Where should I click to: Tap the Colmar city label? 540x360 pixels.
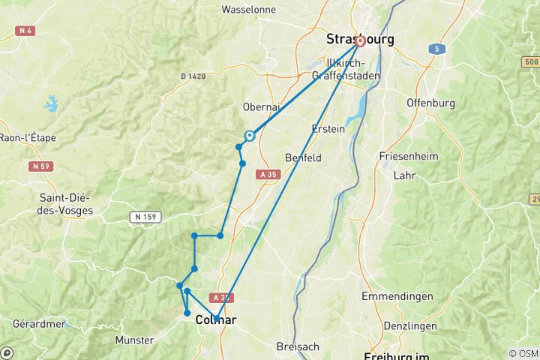click(215, 320)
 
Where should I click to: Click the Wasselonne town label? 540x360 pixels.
click(249, 10)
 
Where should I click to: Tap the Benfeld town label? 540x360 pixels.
click(303, 158)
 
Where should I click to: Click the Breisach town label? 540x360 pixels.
click(298, 346)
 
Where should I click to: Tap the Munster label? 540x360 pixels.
click(134, 340)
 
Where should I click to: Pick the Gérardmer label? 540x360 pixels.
click(38, 324)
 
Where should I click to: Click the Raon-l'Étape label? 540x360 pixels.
click(28, 138)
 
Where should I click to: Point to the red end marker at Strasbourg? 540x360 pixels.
click(360, 41)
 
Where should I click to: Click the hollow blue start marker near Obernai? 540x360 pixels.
click(249, 136)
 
